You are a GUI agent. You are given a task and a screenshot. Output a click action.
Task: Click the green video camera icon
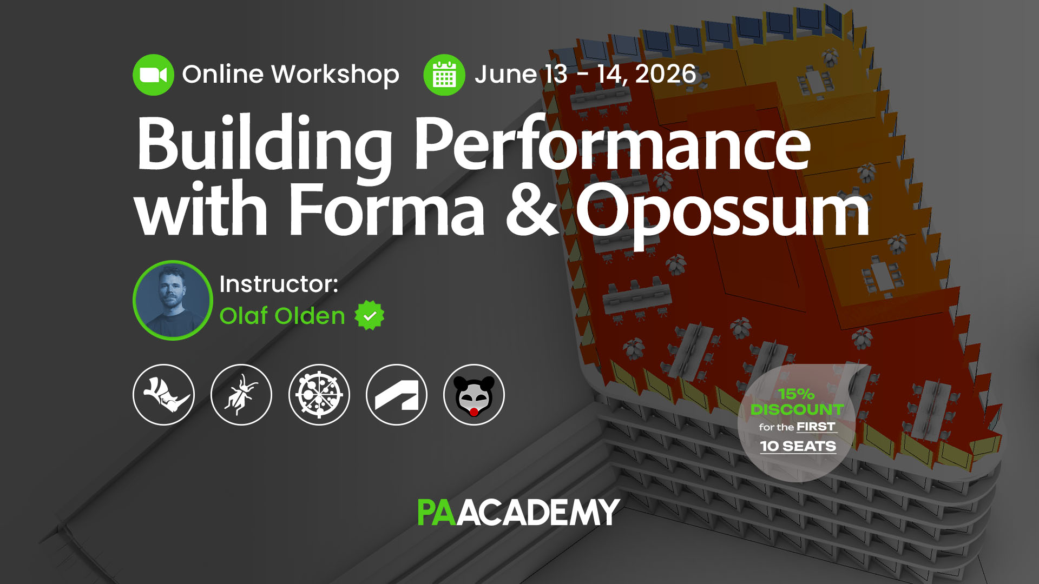tap(153, 75)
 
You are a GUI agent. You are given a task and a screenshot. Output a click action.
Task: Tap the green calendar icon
tap(444, 75)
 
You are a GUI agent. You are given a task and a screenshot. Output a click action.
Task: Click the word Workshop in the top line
tap(335, 75)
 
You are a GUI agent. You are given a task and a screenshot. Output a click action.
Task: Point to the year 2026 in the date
tap(665, 74)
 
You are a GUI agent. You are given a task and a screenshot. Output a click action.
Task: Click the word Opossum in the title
tap(722, 211)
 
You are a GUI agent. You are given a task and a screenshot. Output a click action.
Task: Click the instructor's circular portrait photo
tap(173, 300)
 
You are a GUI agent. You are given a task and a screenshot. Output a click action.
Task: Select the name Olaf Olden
tap(282, 316)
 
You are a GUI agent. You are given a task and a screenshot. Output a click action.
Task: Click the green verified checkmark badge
tap(370, 315)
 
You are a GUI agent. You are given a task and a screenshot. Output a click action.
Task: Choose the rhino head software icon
tap(163, 395)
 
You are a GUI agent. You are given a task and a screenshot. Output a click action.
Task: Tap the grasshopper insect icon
tap(241, 395)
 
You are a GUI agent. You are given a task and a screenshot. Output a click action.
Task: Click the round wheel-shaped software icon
tap(319, 395)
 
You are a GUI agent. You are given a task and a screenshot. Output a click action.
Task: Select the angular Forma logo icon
tap(397, 395)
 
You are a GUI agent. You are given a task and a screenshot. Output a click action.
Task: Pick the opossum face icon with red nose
tap(474, 395)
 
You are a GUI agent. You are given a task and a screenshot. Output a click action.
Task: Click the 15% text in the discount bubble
tap(796, 394)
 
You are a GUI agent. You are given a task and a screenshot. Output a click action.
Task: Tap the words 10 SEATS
tap(798, 446)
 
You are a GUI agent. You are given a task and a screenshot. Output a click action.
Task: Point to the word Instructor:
tap(279, 284)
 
